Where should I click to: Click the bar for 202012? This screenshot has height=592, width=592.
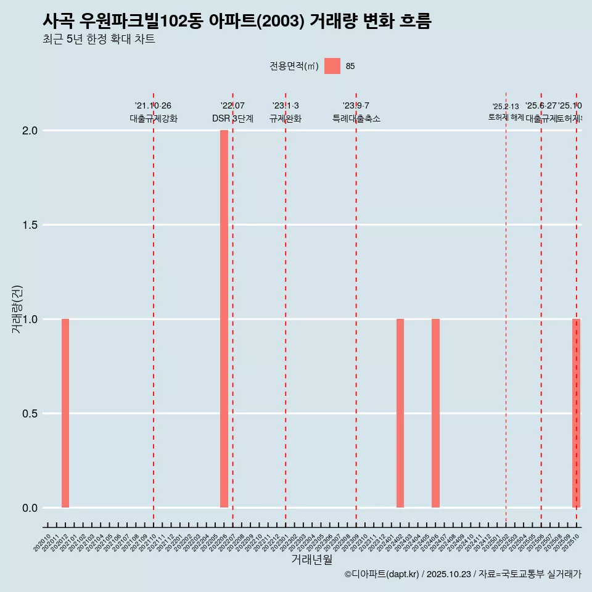click(x=65, y=413)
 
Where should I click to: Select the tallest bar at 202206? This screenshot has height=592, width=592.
click(x=224, y=319)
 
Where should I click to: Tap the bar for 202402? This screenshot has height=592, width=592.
click(x=400, y=413)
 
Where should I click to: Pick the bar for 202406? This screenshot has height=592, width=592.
click(x=435, y=413)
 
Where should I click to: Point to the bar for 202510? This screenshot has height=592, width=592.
click(x=576, y=413)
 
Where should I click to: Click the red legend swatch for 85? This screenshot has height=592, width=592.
click(x=332, y=66)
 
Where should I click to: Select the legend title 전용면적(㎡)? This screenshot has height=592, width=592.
click(x=294, y=66)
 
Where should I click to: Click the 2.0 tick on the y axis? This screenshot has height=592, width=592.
click(x=30, y=131)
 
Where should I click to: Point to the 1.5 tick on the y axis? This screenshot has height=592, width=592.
click(x=30, y=225)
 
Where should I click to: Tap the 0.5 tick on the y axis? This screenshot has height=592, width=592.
click(x=30, y=414)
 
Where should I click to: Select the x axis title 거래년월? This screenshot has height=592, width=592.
click(x=311, y=559)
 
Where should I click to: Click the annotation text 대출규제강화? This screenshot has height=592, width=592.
click(x=154, y=118)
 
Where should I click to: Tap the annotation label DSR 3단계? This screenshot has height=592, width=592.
click(x=232, y=118)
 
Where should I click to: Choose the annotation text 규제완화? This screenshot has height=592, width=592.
click(x=286, y=118)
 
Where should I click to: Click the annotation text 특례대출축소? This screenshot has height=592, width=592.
click(x=356, y=118)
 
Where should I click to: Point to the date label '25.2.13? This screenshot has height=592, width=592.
click(x=506, y=107)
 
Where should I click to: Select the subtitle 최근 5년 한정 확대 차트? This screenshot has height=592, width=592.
click(x=99, y=39)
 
